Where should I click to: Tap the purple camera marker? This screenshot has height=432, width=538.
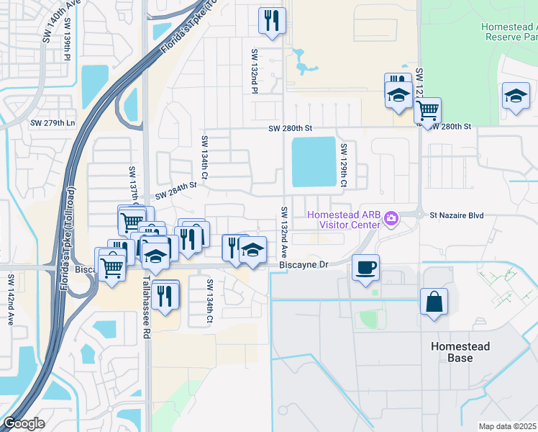click(391, 217)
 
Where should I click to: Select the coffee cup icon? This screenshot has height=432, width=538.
click(366, 269)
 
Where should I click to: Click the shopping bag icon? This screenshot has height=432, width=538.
click(434, 302)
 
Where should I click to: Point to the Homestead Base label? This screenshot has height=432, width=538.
click(460, 352)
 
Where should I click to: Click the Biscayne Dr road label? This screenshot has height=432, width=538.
click(303, 265)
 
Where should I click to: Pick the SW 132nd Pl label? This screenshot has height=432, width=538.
click(255, 71)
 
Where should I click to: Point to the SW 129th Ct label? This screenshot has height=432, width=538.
click(344, 166)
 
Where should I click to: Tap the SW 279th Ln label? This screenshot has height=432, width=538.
click(52, 123)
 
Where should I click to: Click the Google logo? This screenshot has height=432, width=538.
click(24, 423)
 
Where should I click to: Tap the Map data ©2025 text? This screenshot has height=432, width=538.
click(507, 426)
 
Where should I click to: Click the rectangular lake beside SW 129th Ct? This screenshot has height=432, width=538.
click(314, 162)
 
